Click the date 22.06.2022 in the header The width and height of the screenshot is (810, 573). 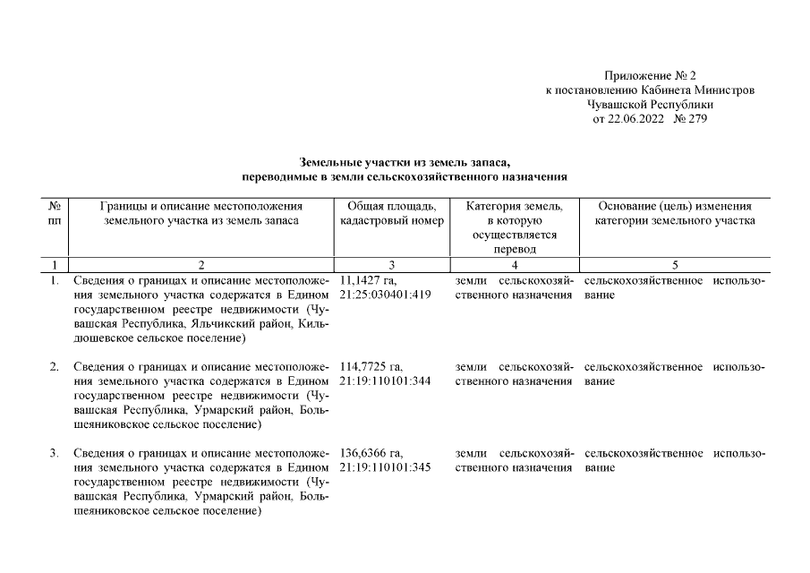[x=638, y=119]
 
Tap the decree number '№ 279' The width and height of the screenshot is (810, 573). [x=689, y=119]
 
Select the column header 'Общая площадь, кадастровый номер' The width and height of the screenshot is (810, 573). [x=392, y=213]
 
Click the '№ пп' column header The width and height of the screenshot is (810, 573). [x=54, y=213]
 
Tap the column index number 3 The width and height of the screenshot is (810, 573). [x=391, y=264]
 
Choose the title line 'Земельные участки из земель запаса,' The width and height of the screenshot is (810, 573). [x=405, y=162]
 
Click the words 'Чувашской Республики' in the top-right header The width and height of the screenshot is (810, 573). [x=650, y=105]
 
